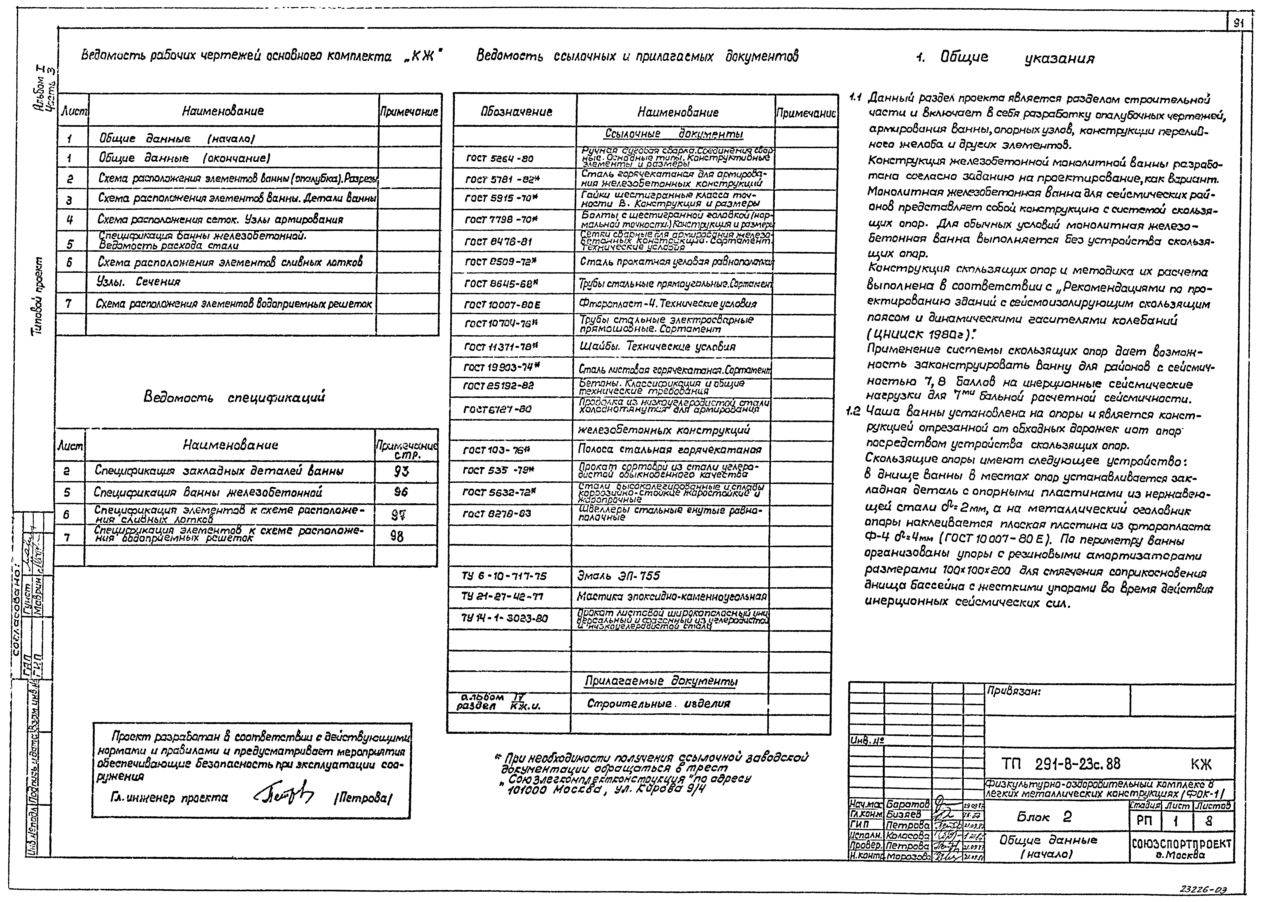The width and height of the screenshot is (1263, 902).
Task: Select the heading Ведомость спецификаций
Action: coord(234,397)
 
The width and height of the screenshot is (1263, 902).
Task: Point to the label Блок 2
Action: coord(1044,817)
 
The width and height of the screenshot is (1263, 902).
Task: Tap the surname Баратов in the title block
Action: coord(907,804)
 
